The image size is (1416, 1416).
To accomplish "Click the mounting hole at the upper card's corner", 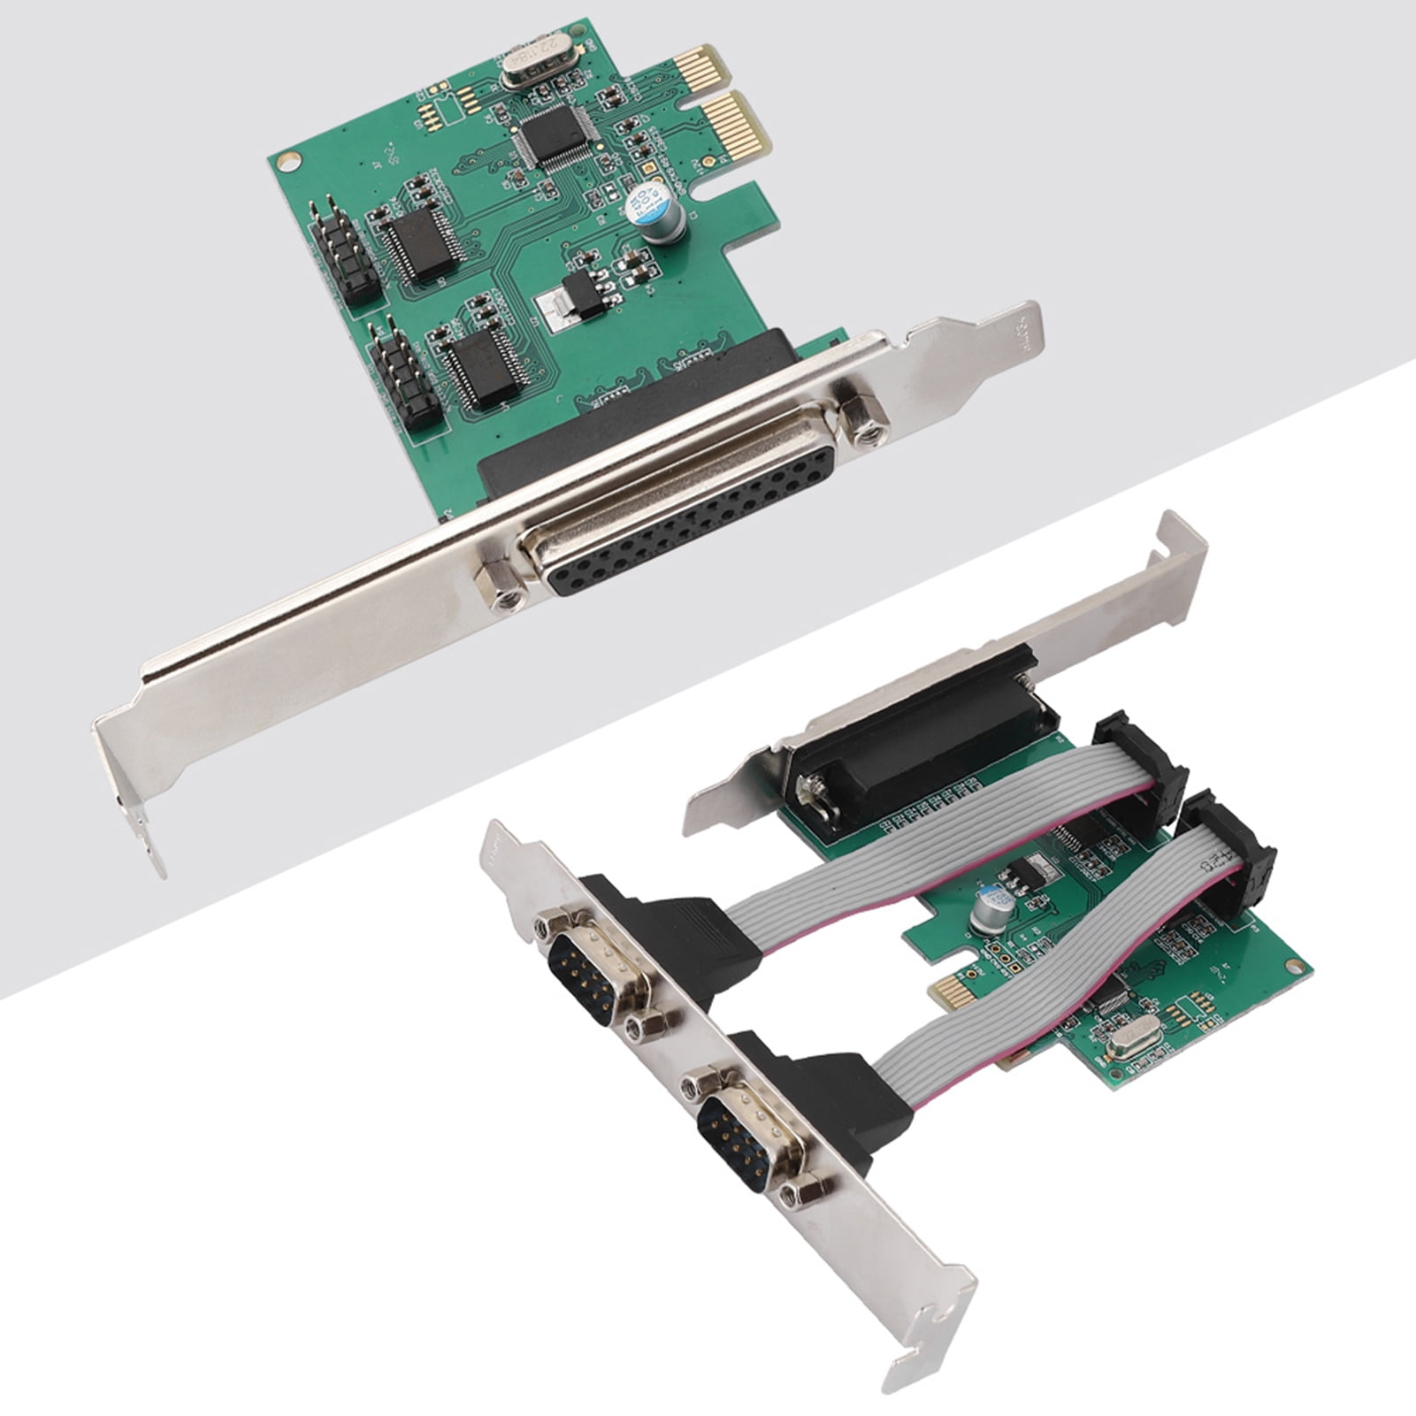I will coord(287,161).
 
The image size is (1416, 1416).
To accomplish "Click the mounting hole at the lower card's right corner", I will coord(1295,965).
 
